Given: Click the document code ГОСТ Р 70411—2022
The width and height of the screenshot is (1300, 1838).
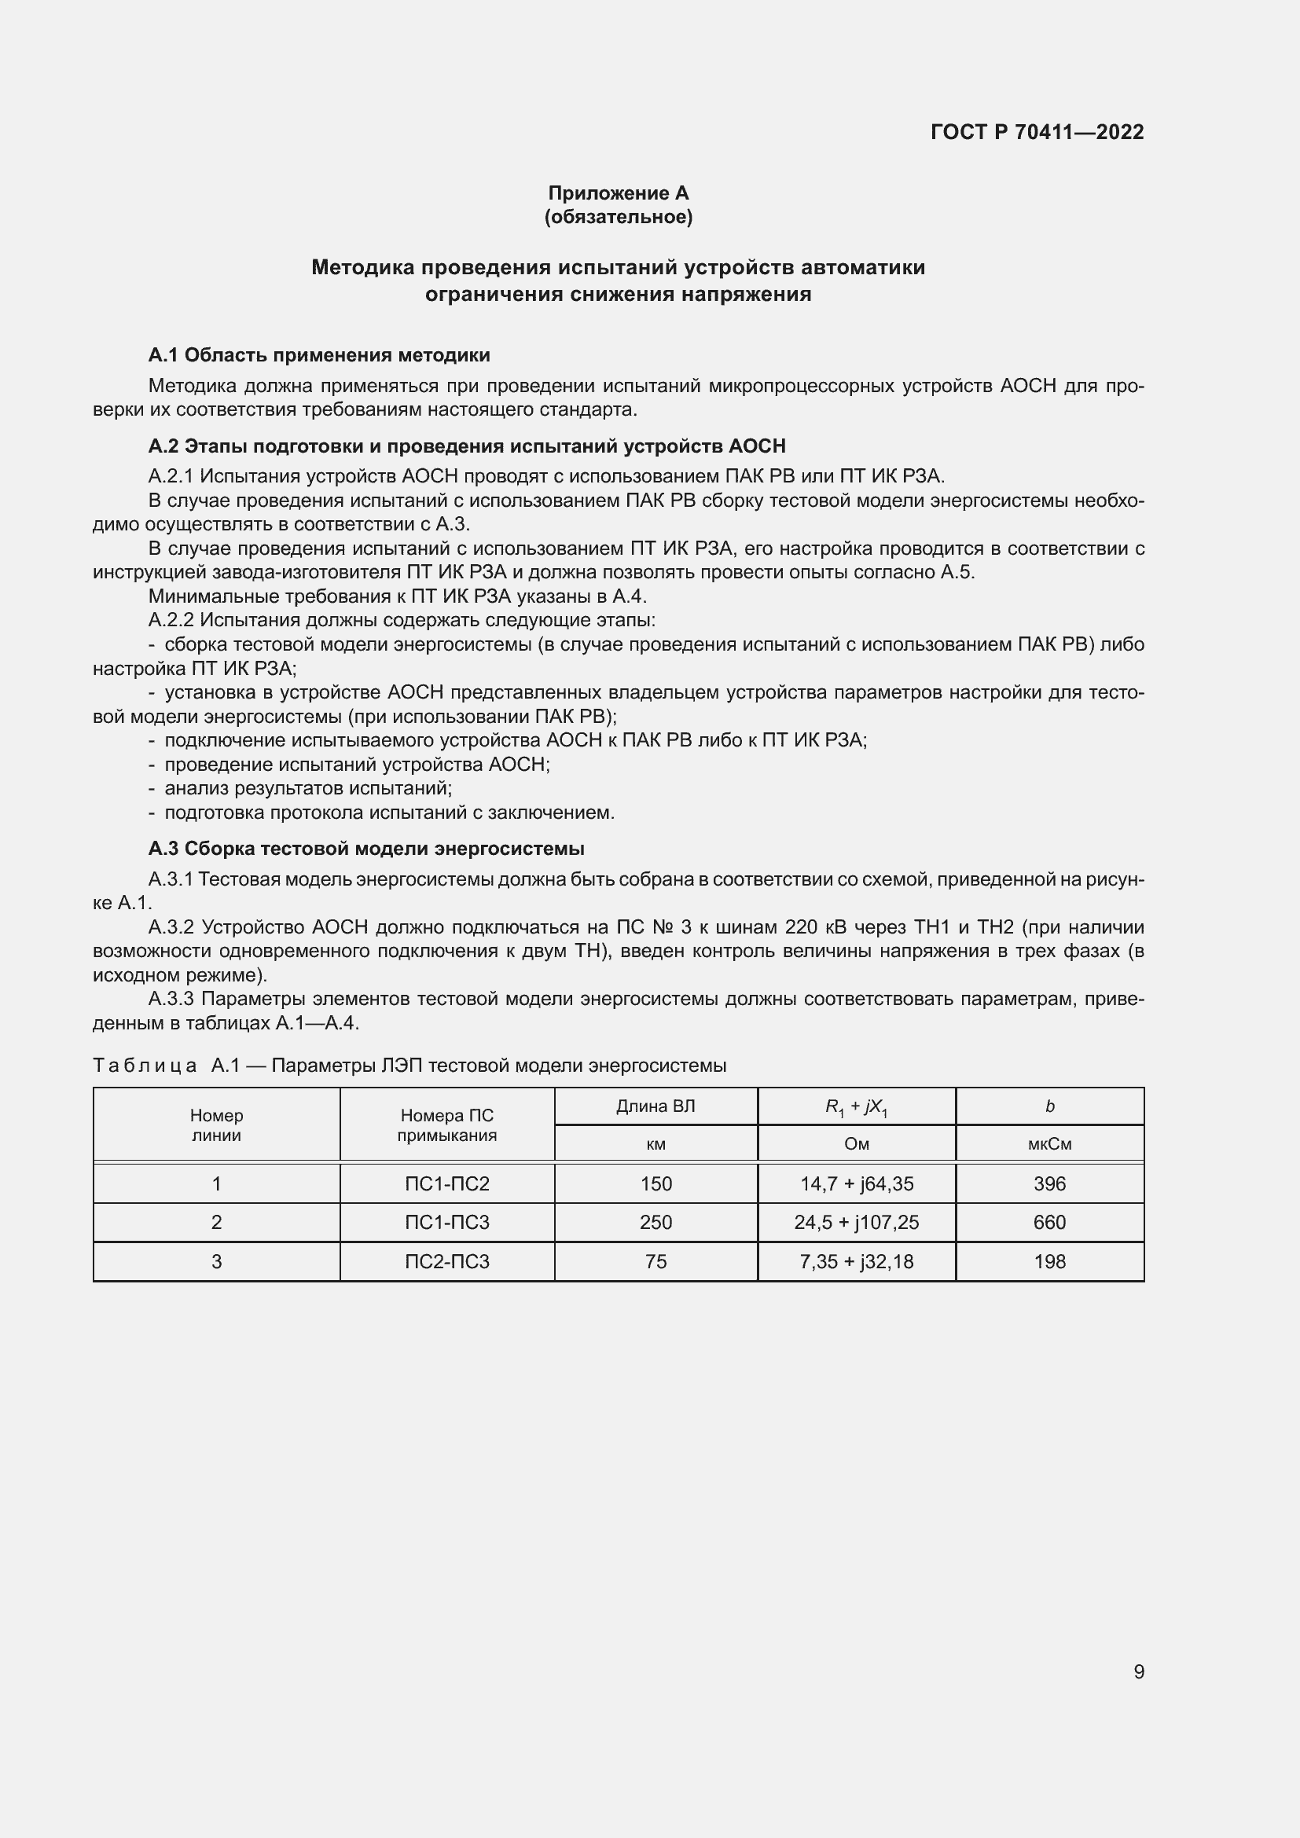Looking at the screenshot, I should click(1037, 132).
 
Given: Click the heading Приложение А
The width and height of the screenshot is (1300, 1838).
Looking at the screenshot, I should click(618, 193).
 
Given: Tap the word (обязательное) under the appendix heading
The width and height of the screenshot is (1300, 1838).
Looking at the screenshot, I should click(618, 217).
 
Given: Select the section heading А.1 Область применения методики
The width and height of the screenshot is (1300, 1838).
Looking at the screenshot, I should click(318, 354).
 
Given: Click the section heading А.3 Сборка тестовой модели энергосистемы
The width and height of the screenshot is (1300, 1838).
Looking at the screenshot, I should click(365, 848).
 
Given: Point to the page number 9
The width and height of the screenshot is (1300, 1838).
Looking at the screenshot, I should click(1138, 1671).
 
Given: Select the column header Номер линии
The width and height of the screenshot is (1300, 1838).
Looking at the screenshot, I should click(216, 1124).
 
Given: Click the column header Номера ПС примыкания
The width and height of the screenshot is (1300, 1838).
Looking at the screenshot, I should click(446, 1124).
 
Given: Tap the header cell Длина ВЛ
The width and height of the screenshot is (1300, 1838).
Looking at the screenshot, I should click(656, 1106).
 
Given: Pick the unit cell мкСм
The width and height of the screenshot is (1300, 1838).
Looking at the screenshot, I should click(1048, 1144).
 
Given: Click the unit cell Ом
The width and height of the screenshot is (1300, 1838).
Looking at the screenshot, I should click(856, 1144).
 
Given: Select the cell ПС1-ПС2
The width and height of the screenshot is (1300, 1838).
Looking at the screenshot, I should click(446, 1183).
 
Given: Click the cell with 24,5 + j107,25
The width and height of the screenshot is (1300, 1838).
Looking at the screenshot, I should click(856, 1223).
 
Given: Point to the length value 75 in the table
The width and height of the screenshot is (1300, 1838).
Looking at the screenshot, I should click(656, 1262).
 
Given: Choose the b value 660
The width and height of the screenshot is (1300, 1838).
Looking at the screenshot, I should click(1048, 1223).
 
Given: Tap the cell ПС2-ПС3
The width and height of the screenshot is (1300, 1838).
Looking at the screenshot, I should click(446, 1262).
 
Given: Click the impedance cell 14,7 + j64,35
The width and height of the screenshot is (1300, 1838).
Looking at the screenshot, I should click(856, 1183).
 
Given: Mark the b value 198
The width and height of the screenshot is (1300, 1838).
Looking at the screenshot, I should click(1048, 1262).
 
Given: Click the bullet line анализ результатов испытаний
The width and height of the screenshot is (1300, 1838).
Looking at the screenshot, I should click(308, 788).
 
